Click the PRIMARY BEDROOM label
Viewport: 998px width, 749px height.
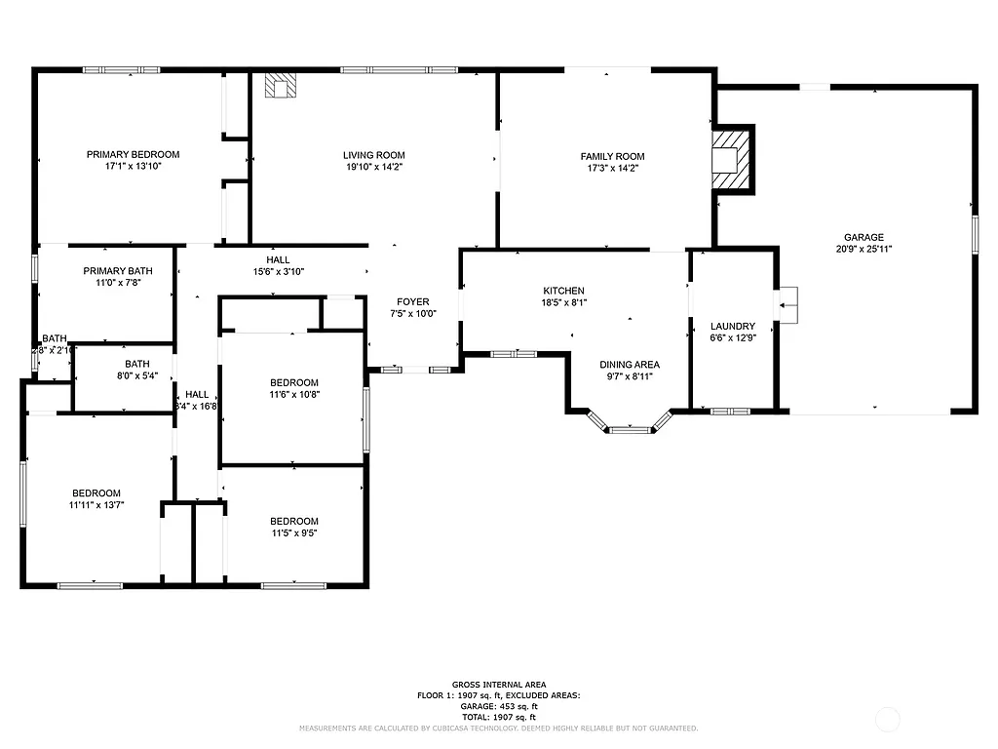point(133,154)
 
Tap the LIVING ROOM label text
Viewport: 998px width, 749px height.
point(373,155)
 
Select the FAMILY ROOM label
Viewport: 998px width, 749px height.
point(612,156)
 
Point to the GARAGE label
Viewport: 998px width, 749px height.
point(864,237)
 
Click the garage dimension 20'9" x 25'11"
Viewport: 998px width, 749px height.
point(864,249)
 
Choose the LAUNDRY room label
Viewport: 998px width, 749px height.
point(733,326)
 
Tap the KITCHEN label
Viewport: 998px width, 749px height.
point(563,291)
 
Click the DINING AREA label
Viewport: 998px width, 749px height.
point(630,364)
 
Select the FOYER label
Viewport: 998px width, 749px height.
point(413,301)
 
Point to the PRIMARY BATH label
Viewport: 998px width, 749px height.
point(118,271)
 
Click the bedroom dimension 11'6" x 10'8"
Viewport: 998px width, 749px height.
point(293,394)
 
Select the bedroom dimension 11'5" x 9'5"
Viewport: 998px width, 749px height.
point(293,532)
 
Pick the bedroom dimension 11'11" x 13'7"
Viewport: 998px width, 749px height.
point(96,504)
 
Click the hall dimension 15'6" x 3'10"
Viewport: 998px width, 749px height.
point(278,272)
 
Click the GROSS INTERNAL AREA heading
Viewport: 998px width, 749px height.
point(498,685)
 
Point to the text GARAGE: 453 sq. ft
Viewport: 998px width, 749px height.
point(498,706)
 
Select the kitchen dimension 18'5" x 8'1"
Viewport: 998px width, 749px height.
point(563,302)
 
